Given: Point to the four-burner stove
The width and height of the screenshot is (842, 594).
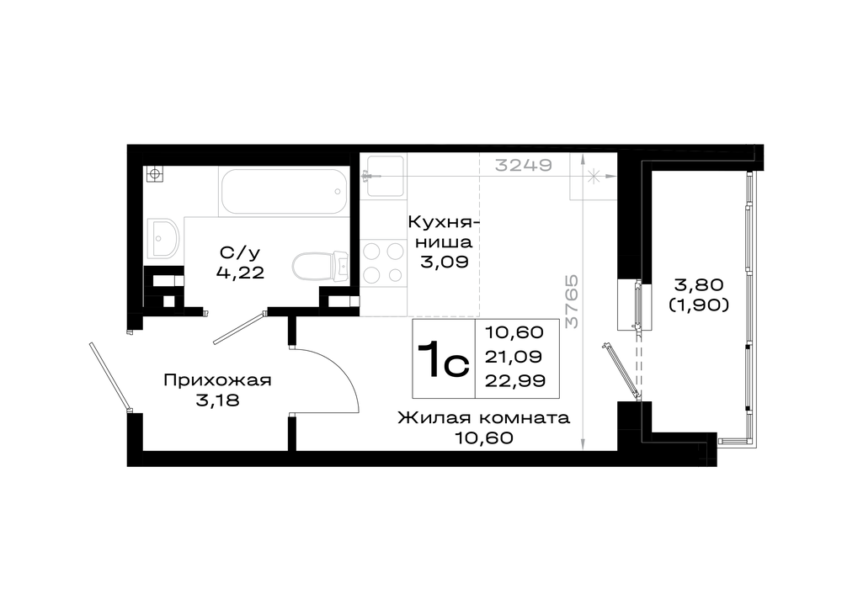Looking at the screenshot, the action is [x=383, y=263].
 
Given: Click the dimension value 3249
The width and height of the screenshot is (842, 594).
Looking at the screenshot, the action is [x=523, y=164].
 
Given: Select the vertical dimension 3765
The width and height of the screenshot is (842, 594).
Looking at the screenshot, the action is [x=573, y=301].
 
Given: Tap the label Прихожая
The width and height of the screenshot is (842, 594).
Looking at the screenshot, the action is [x=217, y=380].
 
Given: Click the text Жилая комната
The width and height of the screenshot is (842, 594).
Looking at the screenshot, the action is [x=483, y=417].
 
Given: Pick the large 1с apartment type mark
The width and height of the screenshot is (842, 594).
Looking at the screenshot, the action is [x=444, y=359].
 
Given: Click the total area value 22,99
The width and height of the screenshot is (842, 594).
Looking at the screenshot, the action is [x=515, y=381].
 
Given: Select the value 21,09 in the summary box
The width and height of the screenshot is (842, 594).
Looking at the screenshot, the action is [x=514, y=356].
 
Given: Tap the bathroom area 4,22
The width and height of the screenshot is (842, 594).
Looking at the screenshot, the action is [x=240, y=273].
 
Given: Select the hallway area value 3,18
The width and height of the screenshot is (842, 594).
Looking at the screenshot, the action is [x=217, y=400].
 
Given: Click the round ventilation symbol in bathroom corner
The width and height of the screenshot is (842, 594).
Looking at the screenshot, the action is [x=155, y=174].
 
